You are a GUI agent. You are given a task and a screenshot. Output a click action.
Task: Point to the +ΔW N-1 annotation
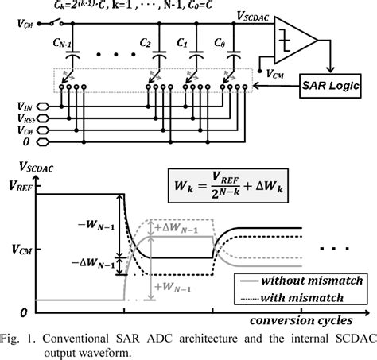[x=166, y=227]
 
